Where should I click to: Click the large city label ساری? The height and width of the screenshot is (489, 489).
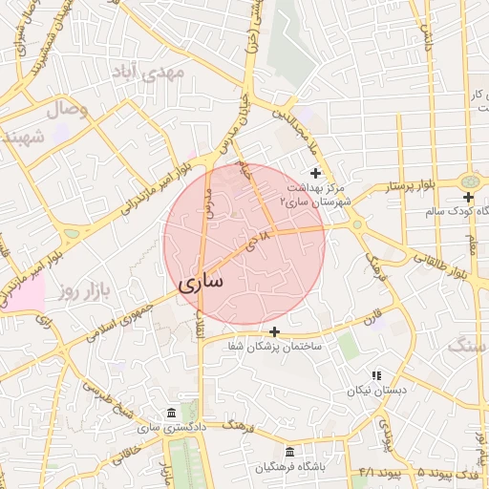tap(200, 283)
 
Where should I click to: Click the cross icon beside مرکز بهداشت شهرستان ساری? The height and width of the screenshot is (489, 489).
tap(316, 172)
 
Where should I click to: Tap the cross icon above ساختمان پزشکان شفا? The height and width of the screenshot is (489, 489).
tap(275, 331)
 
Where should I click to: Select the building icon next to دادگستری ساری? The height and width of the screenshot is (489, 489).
tap(171, 413)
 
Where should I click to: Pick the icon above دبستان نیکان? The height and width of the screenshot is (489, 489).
tap(376, 375)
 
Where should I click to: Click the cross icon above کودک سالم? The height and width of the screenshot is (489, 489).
tap(468, 196)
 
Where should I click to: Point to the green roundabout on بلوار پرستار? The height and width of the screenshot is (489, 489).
tap(469, 181)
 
